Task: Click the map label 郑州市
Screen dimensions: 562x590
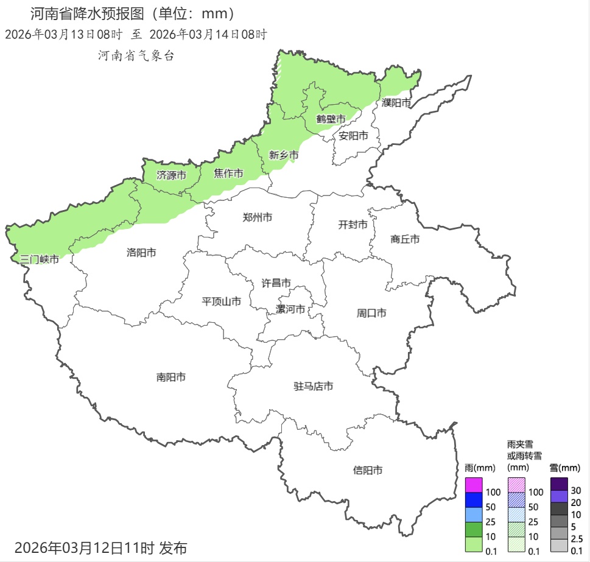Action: click(x=257, y=217)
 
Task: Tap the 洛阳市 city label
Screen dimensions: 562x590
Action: click(x=141, y=252)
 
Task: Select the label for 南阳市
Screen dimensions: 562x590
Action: click(x=171, y=378)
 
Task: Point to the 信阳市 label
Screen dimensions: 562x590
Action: click(x=368, y=470)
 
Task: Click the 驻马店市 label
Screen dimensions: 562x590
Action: click(x=314, y=386)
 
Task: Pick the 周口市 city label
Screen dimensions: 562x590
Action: click(x=371, y=314)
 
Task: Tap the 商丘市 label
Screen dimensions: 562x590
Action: click(x=405, y=239)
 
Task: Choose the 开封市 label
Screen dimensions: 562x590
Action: click(x=353, y=225)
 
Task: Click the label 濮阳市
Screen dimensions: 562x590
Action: click(x=397, y=103)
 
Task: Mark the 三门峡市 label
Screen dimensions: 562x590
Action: click(x=40, y=259)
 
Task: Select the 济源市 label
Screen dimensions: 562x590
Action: click(x=171, y=175)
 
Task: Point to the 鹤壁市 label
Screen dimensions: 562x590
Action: click(x=331, y=119)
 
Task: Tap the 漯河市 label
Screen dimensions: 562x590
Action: click(x=291, y=309)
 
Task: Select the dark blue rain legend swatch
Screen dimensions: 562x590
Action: click(x=474, y=500)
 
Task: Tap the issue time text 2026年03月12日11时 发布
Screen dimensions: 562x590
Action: click(x=100, y=547)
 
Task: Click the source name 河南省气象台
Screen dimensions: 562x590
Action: click(x=136, y=55)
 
